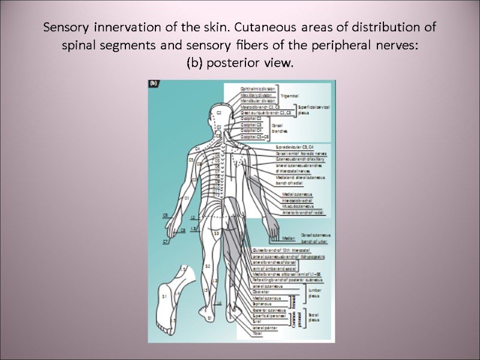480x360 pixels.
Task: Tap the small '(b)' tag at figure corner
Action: pos(153,85)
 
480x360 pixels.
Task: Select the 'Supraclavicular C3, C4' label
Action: pos(294,147)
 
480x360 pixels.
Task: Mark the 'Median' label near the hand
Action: pos(289,238)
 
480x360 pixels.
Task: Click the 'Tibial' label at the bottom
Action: pos(259,334)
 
